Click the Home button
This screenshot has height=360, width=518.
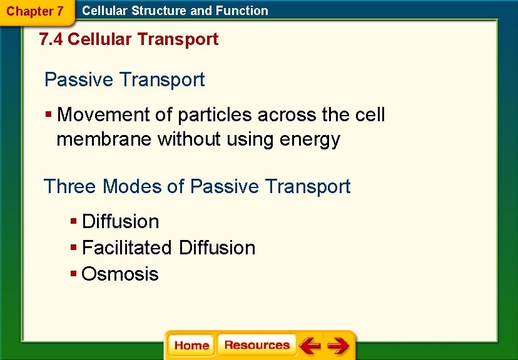pyautogui.click(x=191, y=346)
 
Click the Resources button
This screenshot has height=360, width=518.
pyautogui.click(x=256, y=346)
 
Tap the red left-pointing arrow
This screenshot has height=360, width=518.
pyautogui.click(x=309, y=346)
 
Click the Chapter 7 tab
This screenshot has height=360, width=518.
pyautogui.click(x=35, y=11)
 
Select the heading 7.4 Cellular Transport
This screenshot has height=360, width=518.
pyautogui.click(x=128, y=39)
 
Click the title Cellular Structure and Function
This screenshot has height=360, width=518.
pyautogui.click(x=175, y=11)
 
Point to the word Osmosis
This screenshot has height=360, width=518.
pyautogui.click(x=120, y=274)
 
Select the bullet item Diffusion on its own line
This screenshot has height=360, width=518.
pyautogui.click(x=120, y=221)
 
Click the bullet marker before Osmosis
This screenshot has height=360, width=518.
pyautogui.click(x=74, y=274)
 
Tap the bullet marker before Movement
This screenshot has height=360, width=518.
pyautogui.click(x=49, y=115)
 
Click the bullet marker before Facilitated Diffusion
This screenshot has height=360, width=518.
pyautogui.click(x=74, y=247)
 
